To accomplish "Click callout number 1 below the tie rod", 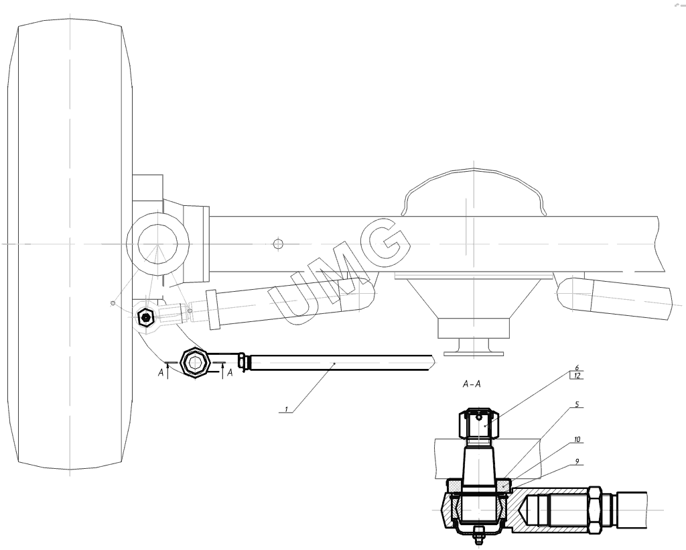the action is pos(287,409).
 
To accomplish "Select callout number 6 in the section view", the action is pos(577,368).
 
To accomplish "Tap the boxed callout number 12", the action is pos(577,376).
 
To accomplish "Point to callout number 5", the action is pos(577,404).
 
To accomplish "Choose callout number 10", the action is pos(577,439).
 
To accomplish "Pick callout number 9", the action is pos(577,461).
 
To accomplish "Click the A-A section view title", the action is pos(472,384).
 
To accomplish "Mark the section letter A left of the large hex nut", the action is pos(161,373).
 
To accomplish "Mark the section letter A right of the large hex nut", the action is pos(230,373).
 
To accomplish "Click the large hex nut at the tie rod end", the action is pos(196,362).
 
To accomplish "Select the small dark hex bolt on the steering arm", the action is pos(145,317).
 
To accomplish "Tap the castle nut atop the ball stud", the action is pos(480,423).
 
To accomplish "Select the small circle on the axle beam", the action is pos(278,243).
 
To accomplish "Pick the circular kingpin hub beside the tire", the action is pos(157,243).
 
